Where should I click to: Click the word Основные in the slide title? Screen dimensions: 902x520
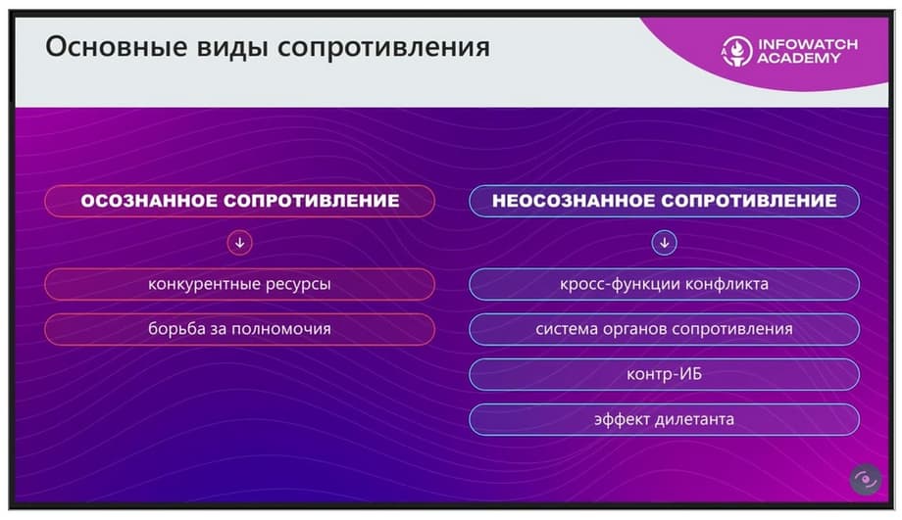117,47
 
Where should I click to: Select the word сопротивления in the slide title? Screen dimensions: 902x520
383,48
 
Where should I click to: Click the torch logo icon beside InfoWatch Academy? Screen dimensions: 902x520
736,51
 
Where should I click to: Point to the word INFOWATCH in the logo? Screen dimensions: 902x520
808,44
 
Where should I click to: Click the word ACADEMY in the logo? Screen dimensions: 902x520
799,58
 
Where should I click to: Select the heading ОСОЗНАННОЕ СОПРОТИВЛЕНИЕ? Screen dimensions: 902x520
240,201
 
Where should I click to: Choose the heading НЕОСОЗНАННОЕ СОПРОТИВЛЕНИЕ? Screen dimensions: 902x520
665,201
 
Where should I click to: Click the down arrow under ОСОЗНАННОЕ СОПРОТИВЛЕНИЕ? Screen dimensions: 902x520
240,243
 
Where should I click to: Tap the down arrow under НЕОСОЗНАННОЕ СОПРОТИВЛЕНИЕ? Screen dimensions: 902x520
665,243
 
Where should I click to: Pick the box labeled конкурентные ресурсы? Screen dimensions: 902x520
240,284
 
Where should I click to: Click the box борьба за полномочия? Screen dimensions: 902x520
240,329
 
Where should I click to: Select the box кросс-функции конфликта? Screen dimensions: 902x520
665,284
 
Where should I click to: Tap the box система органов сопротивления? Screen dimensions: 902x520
665,329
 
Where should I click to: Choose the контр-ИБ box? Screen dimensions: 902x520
665,374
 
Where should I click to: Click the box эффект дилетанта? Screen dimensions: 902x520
665,419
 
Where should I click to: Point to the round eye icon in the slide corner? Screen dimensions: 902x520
866,479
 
